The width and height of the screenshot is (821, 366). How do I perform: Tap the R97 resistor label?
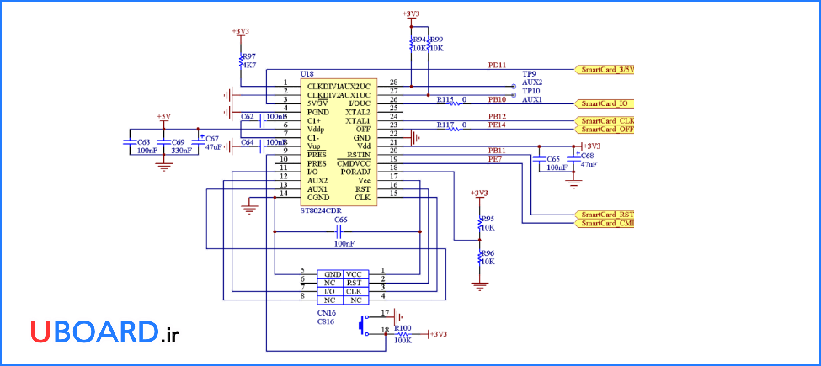coord(248,56)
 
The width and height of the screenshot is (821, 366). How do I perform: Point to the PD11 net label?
coord(497,65)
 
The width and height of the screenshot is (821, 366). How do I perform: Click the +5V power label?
coord(163,116)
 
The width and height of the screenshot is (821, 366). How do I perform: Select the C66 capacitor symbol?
coord(339,230)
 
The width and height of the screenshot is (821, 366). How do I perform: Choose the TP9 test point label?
coord(529,73)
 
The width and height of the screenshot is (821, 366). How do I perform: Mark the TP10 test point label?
coord(530,91)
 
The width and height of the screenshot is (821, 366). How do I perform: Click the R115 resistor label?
coord(445,99)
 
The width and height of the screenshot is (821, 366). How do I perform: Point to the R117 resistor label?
coord(445,125)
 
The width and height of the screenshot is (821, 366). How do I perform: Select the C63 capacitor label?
coord(143,142)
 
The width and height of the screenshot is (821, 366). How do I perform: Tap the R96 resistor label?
coord(487,252)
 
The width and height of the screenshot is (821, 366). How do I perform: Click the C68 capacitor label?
coord(587,156)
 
